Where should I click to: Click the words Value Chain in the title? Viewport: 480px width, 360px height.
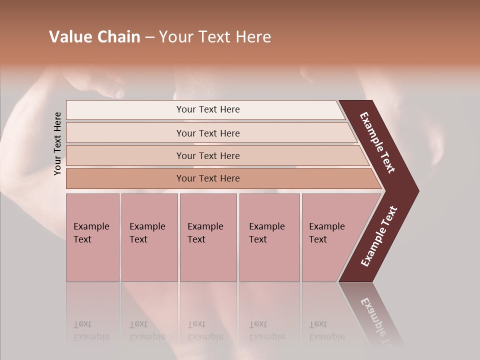[94, 37]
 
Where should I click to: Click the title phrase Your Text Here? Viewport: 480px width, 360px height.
[215, 37]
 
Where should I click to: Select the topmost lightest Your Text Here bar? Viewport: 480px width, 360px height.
[207, 109]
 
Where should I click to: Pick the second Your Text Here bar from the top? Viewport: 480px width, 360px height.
[207, 133]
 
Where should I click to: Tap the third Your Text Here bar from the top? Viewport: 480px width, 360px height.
[207, 155]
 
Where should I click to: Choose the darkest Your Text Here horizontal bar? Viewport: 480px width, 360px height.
[207, 178]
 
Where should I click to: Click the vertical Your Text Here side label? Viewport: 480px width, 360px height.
[58, 143]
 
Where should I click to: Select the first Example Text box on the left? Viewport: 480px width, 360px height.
[92, 237]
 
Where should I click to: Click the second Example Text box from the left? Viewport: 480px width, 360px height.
[149, 237]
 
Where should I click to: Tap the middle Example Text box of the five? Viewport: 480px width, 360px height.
[208, 237]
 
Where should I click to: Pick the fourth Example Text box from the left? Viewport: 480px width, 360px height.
[269, 237]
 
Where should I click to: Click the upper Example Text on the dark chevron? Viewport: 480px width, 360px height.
[377, 142]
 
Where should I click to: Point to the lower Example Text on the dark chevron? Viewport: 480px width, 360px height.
[379, 236]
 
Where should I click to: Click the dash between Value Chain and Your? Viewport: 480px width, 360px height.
[149, 37]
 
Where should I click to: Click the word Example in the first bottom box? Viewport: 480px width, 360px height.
[91, 226]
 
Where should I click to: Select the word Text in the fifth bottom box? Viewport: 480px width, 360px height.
[318, 239]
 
